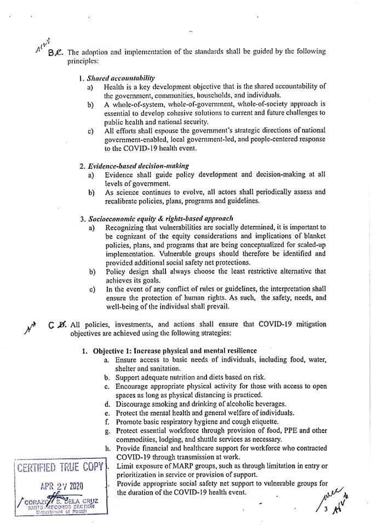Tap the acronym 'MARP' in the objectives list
coord(175,465)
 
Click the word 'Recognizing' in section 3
coord(126,227)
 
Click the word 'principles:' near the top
coord(83,61)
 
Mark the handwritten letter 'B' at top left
coord(51,53)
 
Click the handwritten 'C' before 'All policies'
coord(50,324)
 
